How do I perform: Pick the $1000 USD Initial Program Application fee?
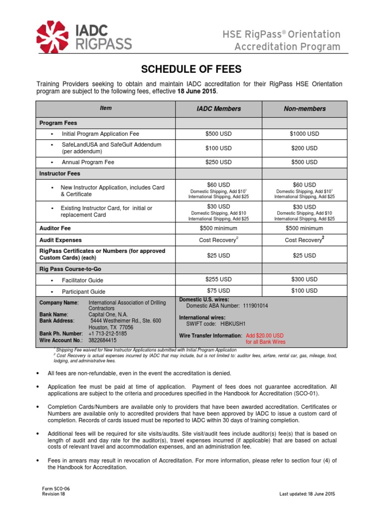[x=304, y=134]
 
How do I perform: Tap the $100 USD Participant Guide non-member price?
[x=304, y=290]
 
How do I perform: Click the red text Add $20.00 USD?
[x=265, y=336]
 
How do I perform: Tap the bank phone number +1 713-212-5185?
[x=107, y=333]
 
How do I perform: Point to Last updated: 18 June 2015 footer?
[x=307, y=494]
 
